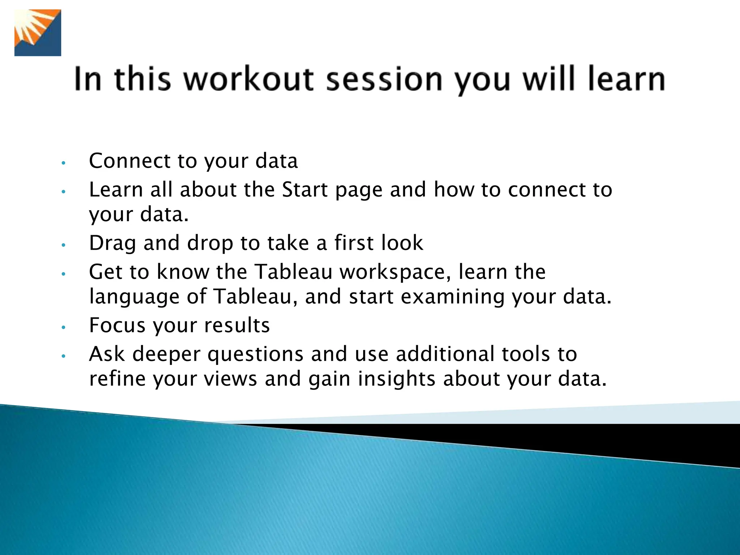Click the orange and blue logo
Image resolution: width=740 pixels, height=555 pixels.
pos(38,33)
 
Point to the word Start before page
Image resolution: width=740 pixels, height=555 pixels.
pos(304,190)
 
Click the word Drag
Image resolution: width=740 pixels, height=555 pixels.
pos(112,243)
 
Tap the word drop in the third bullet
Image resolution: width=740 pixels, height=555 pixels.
pos(210,244)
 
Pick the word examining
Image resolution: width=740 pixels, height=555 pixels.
pos(452,297)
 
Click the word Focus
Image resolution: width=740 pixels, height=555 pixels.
pos(117,325)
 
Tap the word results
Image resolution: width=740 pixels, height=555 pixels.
pos(237,325)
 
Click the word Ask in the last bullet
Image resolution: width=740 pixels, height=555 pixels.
pos(107,354)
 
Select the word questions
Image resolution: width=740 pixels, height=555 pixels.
pos(255,355)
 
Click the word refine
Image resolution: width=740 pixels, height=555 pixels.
pos(117,379)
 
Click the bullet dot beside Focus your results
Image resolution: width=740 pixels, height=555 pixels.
pos(63,327)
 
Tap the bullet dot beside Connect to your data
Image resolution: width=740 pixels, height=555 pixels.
pos(63,163)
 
